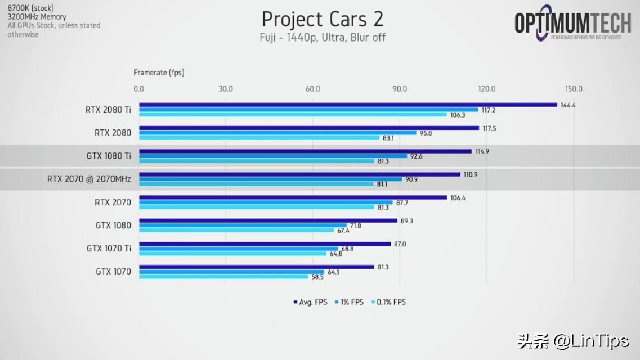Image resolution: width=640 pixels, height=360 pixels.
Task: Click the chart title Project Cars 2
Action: click(323, 19)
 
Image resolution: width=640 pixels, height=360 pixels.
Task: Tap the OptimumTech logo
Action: click(572, 24)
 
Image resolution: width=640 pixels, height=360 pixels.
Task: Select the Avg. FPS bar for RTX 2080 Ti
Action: click(348, 105)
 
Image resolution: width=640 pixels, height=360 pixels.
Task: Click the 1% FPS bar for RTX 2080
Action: click(278, 133)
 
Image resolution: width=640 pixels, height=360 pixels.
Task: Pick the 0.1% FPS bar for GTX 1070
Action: click(223, 276)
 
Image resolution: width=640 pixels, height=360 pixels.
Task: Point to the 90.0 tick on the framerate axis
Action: click(400, 89)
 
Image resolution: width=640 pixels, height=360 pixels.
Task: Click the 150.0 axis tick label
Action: click(574, 89)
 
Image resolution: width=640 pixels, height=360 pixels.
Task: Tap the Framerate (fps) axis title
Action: click(159, 73)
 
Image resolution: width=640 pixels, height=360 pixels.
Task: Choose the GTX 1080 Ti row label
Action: click(109, 156)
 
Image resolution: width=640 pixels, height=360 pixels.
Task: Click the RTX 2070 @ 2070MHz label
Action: click(89, 179)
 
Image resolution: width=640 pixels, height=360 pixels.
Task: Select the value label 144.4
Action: click(568, 105)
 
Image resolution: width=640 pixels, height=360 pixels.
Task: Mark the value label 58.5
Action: click(319, 277)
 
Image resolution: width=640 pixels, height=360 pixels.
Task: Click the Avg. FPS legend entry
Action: click(310, 302)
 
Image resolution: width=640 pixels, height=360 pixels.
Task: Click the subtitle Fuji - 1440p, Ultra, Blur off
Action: click(323, 38)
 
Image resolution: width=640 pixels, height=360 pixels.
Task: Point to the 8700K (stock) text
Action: click(30, 8)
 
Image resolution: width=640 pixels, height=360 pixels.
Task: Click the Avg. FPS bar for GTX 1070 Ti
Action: click(265, 244)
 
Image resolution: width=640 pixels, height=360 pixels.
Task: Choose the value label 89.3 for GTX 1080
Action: click(406, 221)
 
